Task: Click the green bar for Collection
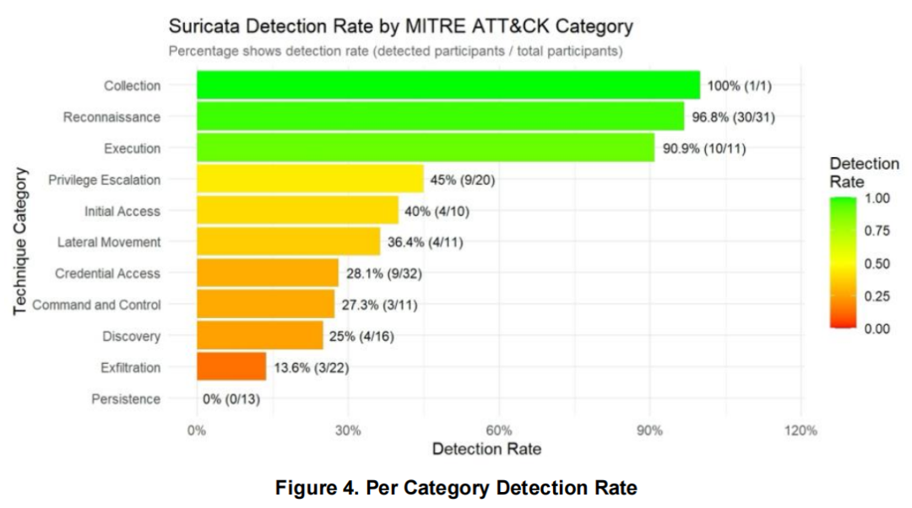point(448,85)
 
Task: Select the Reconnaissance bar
point(440,116)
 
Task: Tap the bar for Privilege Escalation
point(310,179)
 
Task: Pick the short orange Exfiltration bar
point(231,367)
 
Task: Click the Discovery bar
point(260,336)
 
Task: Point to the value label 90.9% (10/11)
point(704,149)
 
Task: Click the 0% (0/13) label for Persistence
point(231,399)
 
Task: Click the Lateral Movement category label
point(109,242)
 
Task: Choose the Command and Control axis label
point(96,305)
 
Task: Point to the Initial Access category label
point(122,211)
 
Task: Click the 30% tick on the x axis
point(348,430)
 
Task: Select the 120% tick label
point(800,430)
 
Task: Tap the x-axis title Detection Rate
point(486,449)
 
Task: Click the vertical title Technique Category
point(21,242)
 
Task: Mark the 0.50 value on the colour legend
point(878,264)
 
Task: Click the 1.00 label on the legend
point(878,199)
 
